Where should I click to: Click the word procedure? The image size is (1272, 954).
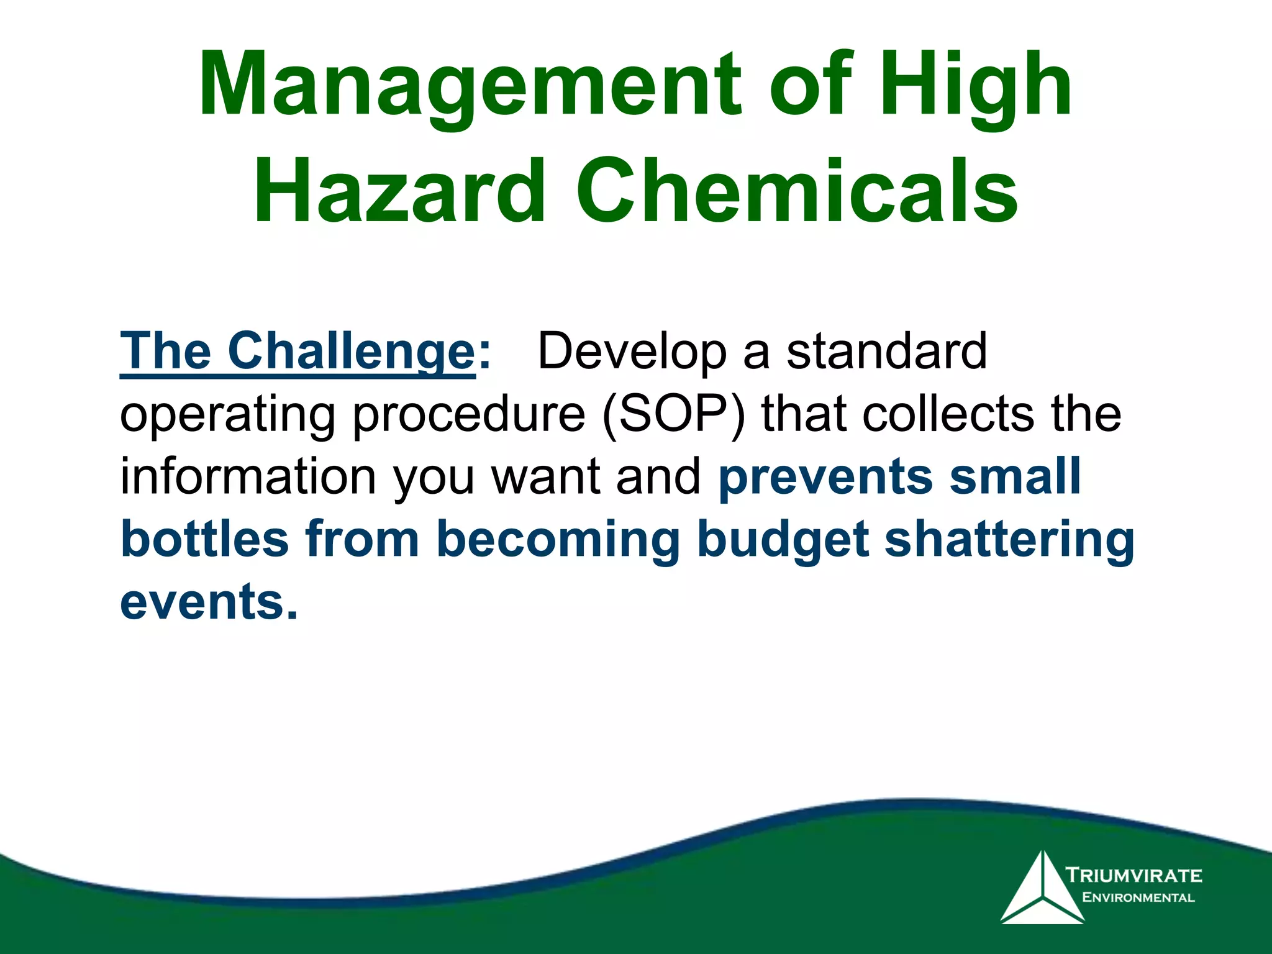tap(469, 415)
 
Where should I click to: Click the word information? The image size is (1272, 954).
tap(248, 476)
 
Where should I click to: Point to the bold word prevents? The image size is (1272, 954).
tap(826, 477)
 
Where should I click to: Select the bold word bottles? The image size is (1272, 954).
tap(204, 538)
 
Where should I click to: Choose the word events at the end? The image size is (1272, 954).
tap(208, 602)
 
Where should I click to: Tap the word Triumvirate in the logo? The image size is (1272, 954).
tap(1134, 875)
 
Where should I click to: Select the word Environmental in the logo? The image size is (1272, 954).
tap(1138, 897)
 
